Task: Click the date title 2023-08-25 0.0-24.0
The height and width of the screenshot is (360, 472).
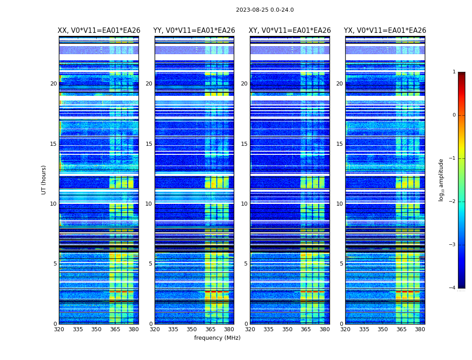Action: point(265,10)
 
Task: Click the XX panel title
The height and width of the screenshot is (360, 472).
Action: point(99,31)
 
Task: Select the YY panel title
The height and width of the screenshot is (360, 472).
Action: point(194,31)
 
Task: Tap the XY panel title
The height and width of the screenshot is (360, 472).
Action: point(290,31)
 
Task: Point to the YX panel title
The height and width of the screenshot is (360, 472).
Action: point(385,31)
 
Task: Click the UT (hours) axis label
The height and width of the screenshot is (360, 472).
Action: point(44,180)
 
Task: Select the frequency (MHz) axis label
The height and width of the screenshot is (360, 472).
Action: point(217,338)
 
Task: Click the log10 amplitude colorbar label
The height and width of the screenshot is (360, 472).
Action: point(441,180)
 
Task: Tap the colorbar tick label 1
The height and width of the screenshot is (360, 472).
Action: point(454,72)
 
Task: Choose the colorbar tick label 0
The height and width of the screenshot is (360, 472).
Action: point(454,115)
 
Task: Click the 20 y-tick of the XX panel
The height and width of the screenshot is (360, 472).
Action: point(53,84)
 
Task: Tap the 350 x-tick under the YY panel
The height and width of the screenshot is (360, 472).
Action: point(192,329)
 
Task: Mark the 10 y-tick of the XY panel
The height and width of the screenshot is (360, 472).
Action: point(244,204)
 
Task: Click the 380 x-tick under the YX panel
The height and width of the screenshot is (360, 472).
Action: point(420,329)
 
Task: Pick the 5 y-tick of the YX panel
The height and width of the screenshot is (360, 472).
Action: point(341,264)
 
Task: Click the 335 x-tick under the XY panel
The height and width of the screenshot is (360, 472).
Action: point(269,329)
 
